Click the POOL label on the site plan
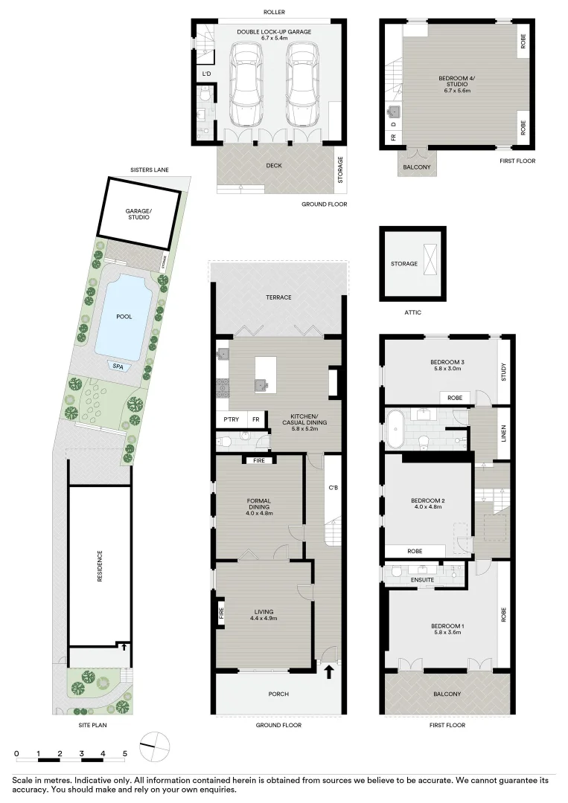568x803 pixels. coord(124,316)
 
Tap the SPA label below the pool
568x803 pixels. coord(117,366)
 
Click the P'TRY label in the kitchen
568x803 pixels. coord(231,420)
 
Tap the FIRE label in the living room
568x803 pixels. coord(221,613)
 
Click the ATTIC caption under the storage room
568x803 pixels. coord(413,312)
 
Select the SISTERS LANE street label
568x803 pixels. coord(149,170)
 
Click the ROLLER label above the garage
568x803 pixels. coord(274,12)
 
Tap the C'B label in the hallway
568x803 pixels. coord(334,488)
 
